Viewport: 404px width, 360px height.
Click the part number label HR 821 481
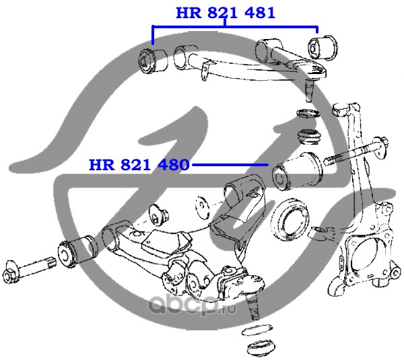pos(226,13)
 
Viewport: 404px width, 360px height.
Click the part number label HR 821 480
pos(139,165)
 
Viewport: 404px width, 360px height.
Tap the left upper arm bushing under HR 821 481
pos(153,61)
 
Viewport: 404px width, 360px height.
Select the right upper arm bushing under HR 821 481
pos(323,48)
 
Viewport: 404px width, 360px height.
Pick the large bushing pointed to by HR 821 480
pos(298,172)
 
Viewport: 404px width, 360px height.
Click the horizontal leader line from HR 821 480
pos(230,165)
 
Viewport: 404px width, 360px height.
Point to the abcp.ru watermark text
pos(192,305)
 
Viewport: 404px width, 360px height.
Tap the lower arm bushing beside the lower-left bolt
pos(78,249)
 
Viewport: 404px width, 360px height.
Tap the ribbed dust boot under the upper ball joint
pos(309,137)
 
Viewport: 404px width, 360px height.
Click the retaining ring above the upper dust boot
pos(308,113)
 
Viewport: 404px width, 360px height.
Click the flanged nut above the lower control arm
pos(158,215)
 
